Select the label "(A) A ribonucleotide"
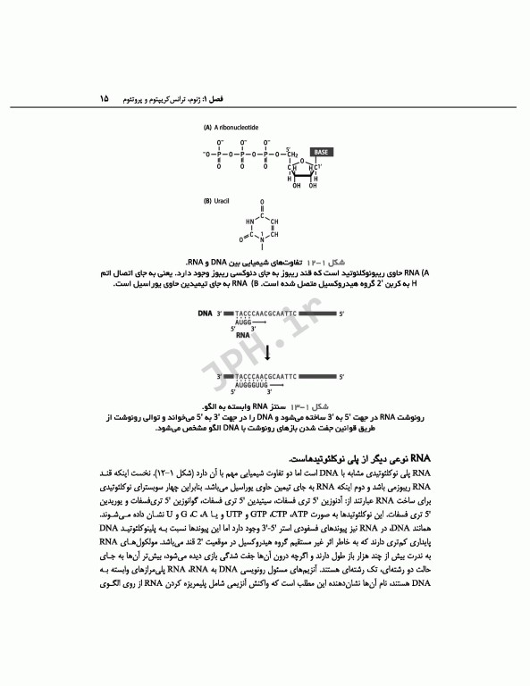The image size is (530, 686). click(231, 128)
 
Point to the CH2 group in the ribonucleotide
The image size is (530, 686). click(292, 154)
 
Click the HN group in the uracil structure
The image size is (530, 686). click(246, 222)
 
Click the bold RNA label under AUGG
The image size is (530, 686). click(242, 337)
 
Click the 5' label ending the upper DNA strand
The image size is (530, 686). click(341, 314)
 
